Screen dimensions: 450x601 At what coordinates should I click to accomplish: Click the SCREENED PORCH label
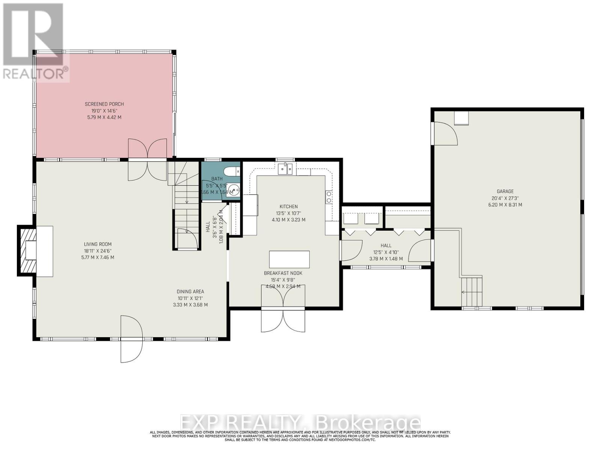click(104, 104)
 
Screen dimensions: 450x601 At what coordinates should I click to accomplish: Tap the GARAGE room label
click(505, 192)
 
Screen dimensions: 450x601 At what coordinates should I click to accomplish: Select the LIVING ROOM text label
click(98, 244)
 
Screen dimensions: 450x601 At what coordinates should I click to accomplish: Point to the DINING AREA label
click(190, 292)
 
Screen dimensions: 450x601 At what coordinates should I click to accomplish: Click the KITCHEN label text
click(288, 207)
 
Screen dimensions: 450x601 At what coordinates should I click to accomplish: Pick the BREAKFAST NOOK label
click(283, 273)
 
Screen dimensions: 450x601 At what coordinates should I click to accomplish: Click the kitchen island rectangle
click(289, 259)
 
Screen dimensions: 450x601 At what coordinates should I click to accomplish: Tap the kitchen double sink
click(285, 169)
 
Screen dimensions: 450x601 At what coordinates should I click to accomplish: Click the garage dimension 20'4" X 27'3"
click(505, 198)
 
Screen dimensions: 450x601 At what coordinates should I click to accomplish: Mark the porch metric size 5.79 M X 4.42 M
click(104, 117)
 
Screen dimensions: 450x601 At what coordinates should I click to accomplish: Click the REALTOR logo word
click(36, 73)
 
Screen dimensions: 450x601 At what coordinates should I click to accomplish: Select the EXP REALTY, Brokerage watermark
click(300, 423)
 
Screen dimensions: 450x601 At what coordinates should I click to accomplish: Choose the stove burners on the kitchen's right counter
click(329, 197)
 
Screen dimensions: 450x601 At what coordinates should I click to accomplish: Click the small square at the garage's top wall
click(461, 118)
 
